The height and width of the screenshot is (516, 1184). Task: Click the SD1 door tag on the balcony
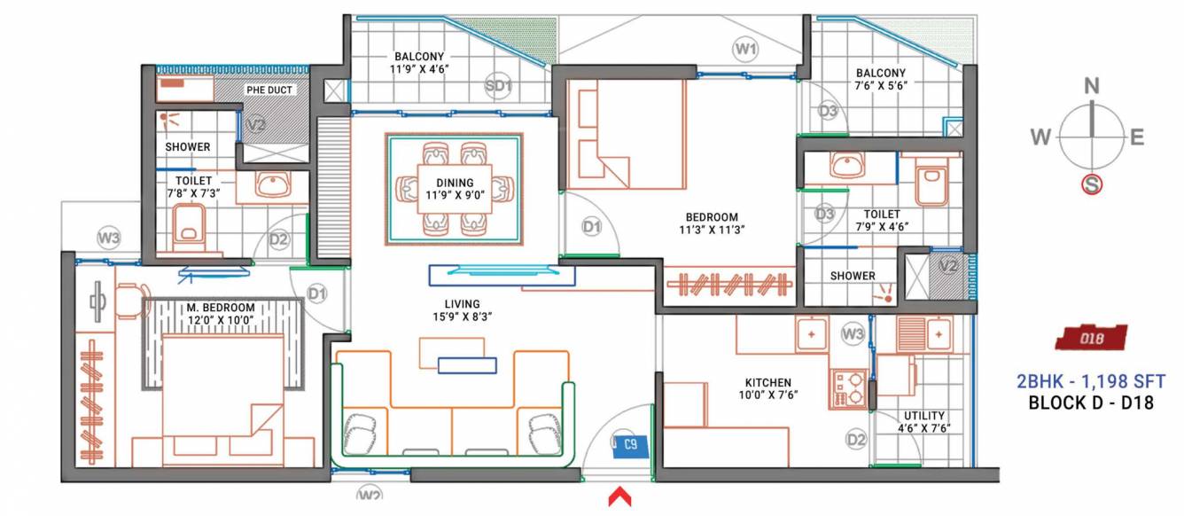(x=499, y=86)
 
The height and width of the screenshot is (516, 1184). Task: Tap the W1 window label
(x=745, y=49)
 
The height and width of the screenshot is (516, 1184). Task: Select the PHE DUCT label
(x=269, y=90)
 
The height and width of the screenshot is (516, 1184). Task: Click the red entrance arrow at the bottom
(x=619, y=496)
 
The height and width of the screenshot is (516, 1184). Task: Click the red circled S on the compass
(x=1092, y=185)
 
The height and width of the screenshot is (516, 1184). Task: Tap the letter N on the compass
(x=1092, y=85)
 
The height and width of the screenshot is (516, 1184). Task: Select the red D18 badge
(x=1090, y=338)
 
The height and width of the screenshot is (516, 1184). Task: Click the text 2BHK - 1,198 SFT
(x=1090, y=381)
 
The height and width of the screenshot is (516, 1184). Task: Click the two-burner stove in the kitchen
(x=848, y=389)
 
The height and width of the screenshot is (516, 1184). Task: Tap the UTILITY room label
(x=924, y=415)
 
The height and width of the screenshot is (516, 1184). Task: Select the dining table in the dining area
(x=456, y=188)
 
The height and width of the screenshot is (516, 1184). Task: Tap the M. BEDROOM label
(x=221, y=308)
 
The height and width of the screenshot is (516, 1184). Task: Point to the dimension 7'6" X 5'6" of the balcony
(x=880, y=86)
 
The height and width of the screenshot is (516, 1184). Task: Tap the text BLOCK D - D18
(x=1090, y=403)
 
